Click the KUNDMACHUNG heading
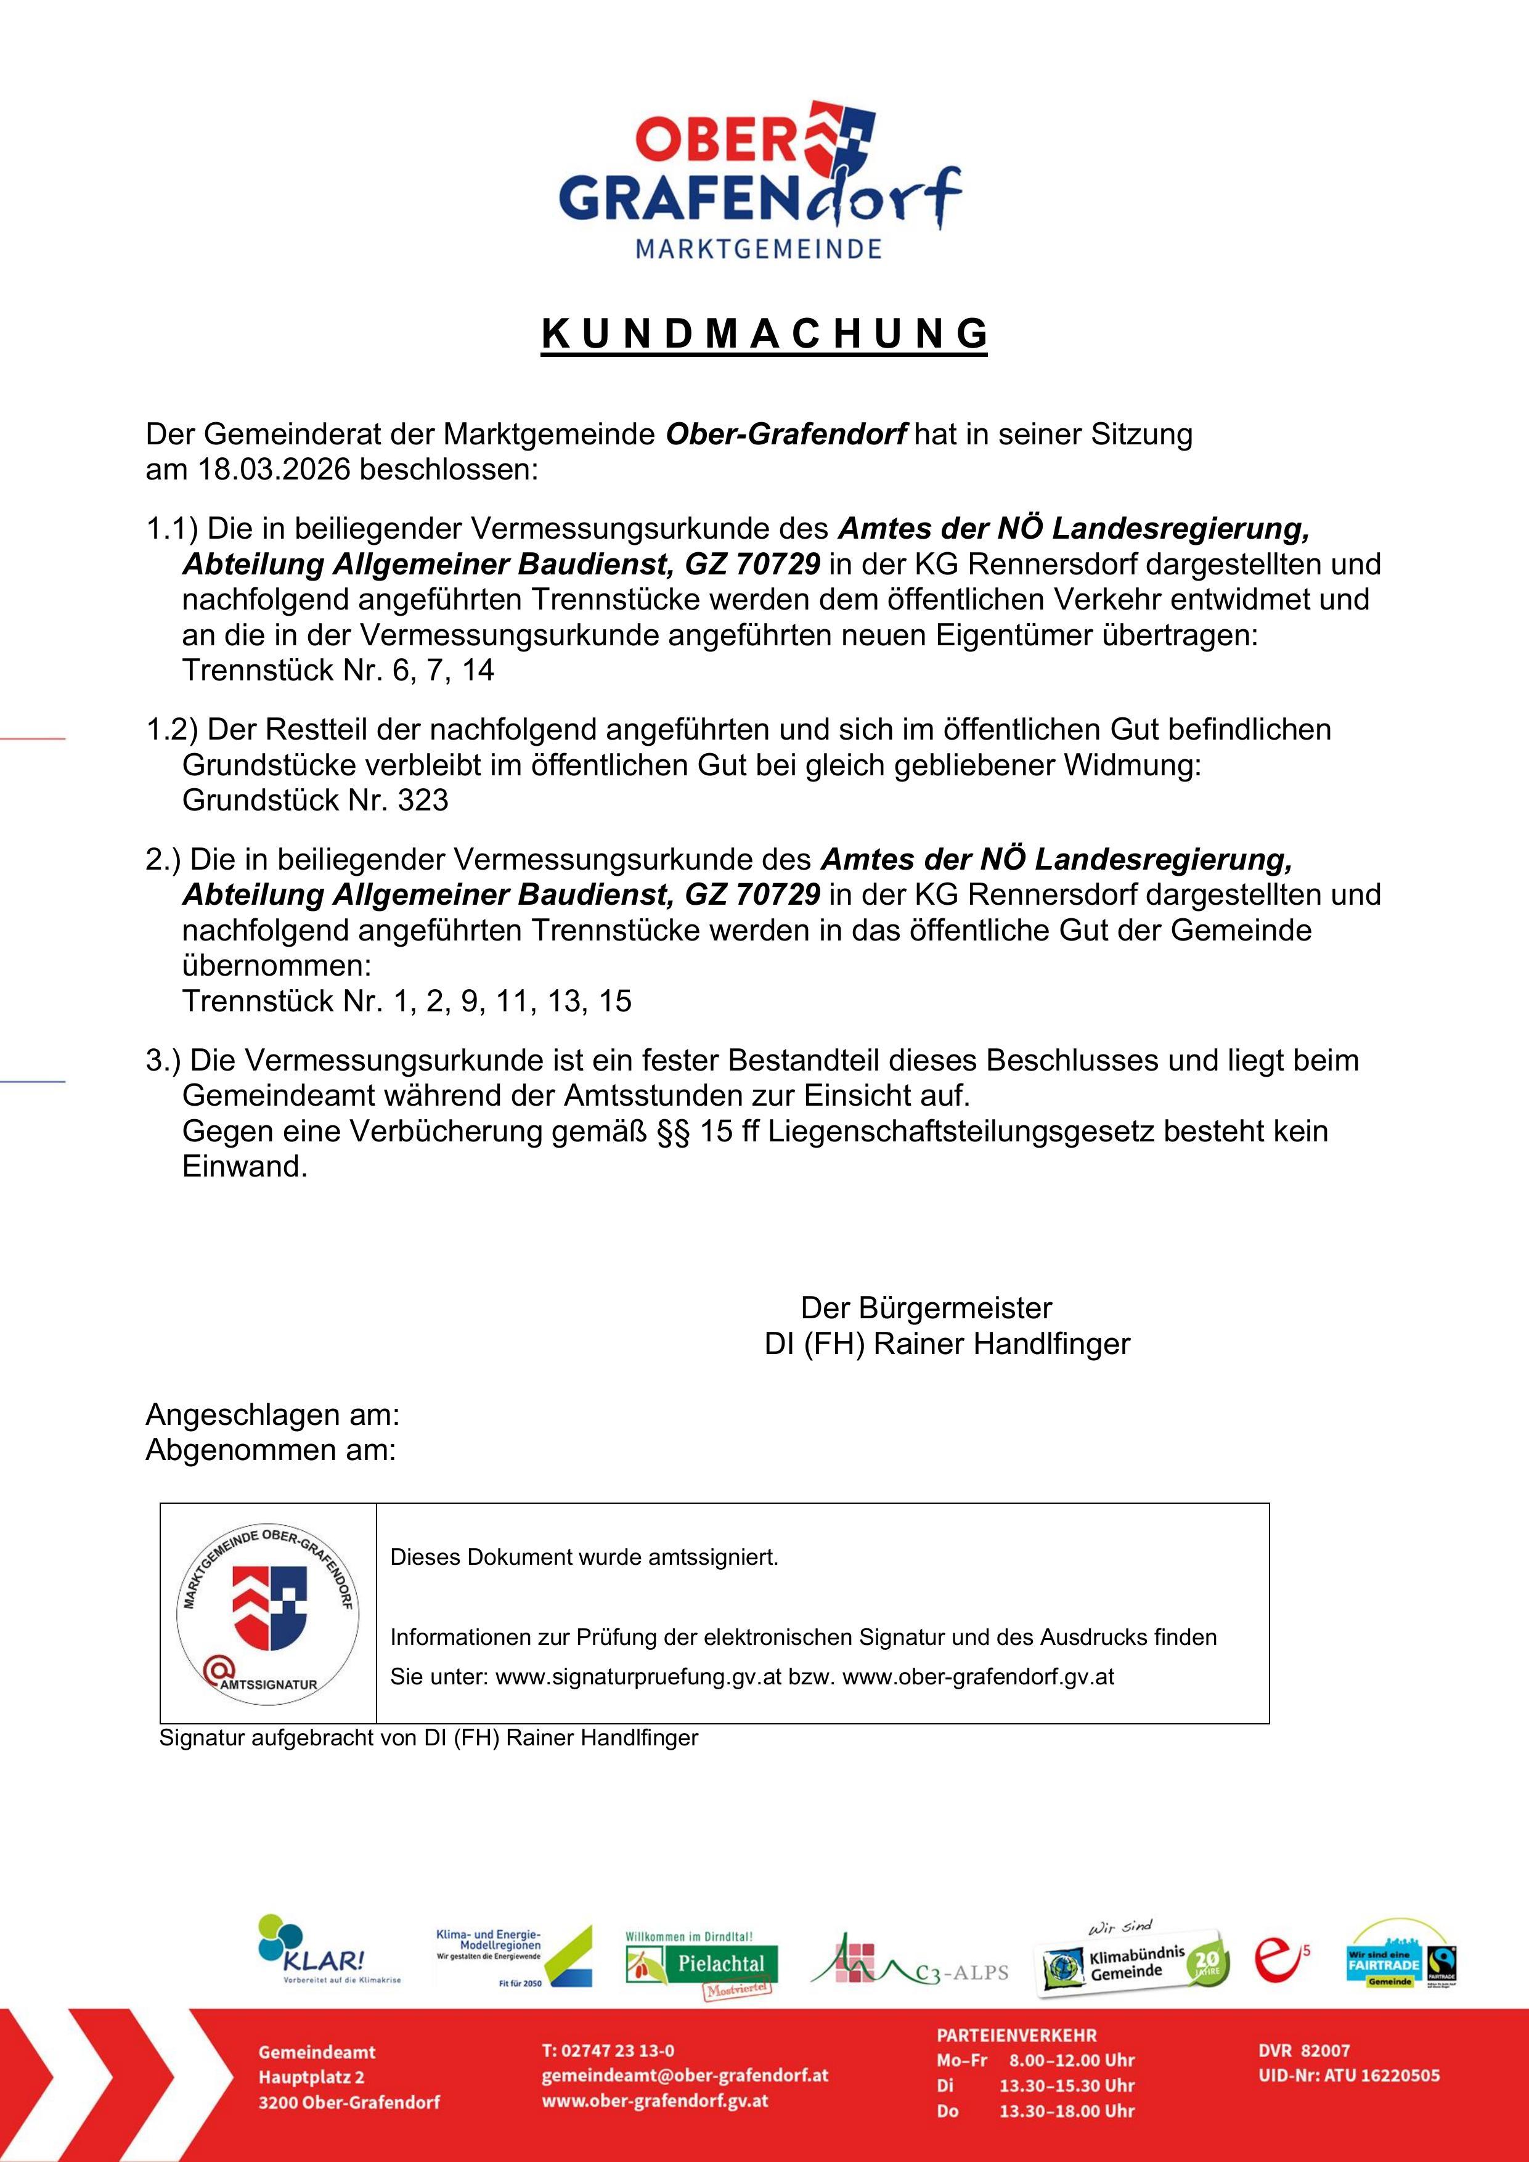(764, 333)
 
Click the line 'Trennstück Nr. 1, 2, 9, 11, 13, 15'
(407, 1001)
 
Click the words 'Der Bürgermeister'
(926, 1308)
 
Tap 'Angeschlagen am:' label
(273, 1415)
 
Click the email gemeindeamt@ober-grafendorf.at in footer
(685, 2075)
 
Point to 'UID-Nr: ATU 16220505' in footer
(1348, 2075)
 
